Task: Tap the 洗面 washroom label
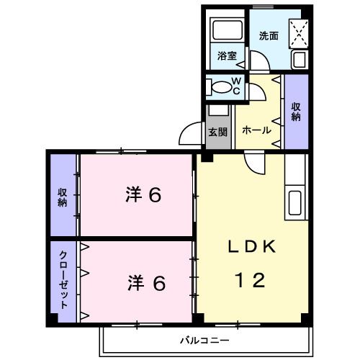pos(269,34)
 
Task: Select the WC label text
pos(236,86)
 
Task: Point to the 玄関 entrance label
pos(217,132)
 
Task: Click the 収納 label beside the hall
pos(296,111)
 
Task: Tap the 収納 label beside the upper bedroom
pos(63,194)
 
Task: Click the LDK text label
pos(251,247)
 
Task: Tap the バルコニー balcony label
pos(204,339)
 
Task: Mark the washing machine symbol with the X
pos(298,32)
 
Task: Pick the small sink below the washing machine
pos(300,60)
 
